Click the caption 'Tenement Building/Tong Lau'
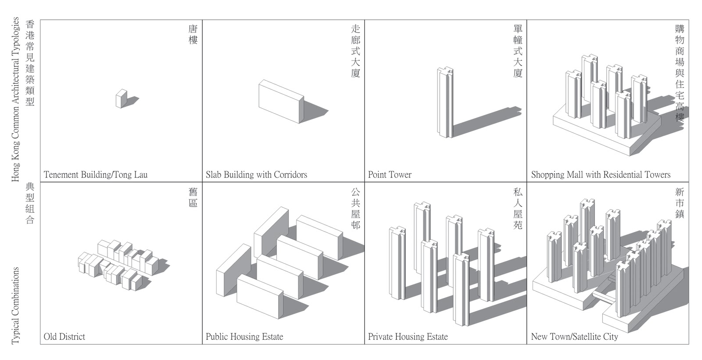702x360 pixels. pos(96,175)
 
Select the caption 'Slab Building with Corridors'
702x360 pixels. pos(256,175)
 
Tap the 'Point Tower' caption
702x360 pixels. pos(390,175)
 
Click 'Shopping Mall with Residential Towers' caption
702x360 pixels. pos(601,175)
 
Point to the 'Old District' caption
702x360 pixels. pos(64,337)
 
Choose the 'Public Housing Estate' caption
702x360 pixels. pos(244,337)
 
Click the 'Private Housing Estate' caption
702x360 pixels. pos(408,337)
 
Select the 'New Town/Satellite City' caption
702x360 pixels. pos(574,337)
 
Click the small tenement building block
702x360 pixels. pos(121,98)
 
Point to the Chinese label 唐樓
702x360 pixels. pos(193,35)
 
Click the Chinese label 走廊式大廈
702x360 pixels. pos(355,51)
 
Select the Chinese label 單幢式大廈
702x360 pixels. pos(518,51)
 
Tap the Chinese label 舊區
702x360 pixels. pos(193,197)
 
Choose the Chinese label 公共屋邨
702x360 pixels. pos(355,208)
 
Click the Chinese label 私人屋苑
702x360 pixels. pos(518,208)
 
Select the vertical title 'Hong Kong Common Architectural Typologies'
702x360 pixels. pos(16,99)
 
